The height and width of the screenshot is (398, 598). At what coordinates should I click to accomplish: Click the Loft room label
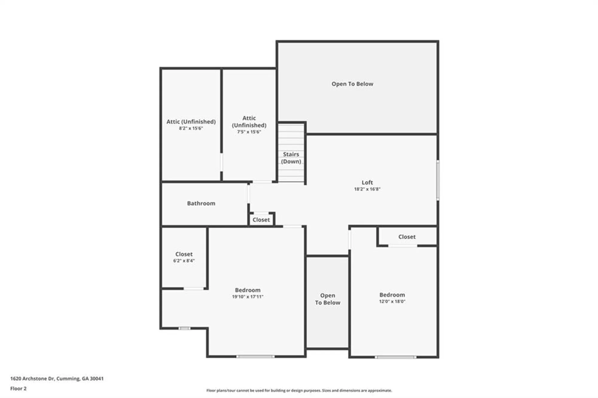tap(367, 182)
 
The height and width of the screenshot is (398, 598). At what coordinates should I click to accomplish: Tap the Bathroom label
tap(201, 203)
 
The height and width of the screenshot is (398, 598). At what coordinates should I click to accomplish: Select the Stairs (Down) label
tap(291, 158)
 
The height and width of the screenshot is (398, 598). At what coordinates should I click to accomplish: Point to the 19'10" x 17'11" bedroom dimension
tap(248, 297)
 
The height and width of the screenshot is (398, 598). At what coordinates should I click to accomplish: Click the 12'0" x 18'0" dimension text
tap(392, 301)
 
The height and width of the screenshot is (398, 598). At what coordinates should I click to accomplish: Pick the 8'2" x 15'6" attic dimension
tap(191, 128)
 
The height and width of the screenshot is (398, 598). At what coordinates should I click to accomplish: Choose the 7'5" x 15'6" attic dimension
tap(249, 132)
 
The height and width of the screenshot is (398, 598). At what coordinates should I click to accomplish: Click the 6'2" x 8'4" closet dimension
tap(184, 261)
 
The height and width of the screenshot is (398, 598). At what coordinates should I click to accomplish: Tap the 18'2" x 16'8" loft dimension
tap(367, 189)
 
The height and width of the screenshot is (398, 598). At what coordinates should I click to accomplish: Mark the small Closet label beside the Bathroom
tap(261, 220)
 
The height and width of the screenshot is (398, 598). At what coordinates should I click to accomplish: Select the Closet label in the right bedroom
tap(407, 237)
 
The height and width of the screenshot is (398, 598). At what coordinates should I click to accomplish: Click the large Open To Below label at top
tap(352, 84)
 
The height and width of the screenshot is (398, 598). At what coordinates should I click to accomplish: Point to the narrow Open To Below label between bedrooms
tap(327, 299)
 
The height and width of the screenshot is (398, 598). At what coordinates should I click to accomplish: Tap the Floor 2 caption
tap(18, 388)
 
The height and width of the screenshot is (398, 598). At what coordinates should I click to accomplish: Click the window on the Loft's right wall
tap(438, 180)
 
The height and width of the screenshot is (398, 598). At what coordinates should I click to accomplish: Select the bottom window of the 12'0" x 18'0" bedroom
tap(395, 357)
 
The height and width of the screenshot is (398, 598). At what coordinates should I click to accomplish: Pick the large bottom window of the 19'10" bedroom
tap(255, 356)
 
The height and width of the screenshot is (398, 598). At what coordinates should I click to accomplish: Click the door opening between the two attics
tap(222, 162)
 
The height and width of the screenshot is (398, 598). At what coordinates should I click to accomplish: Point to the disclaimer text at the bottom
tap(299, 391)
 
